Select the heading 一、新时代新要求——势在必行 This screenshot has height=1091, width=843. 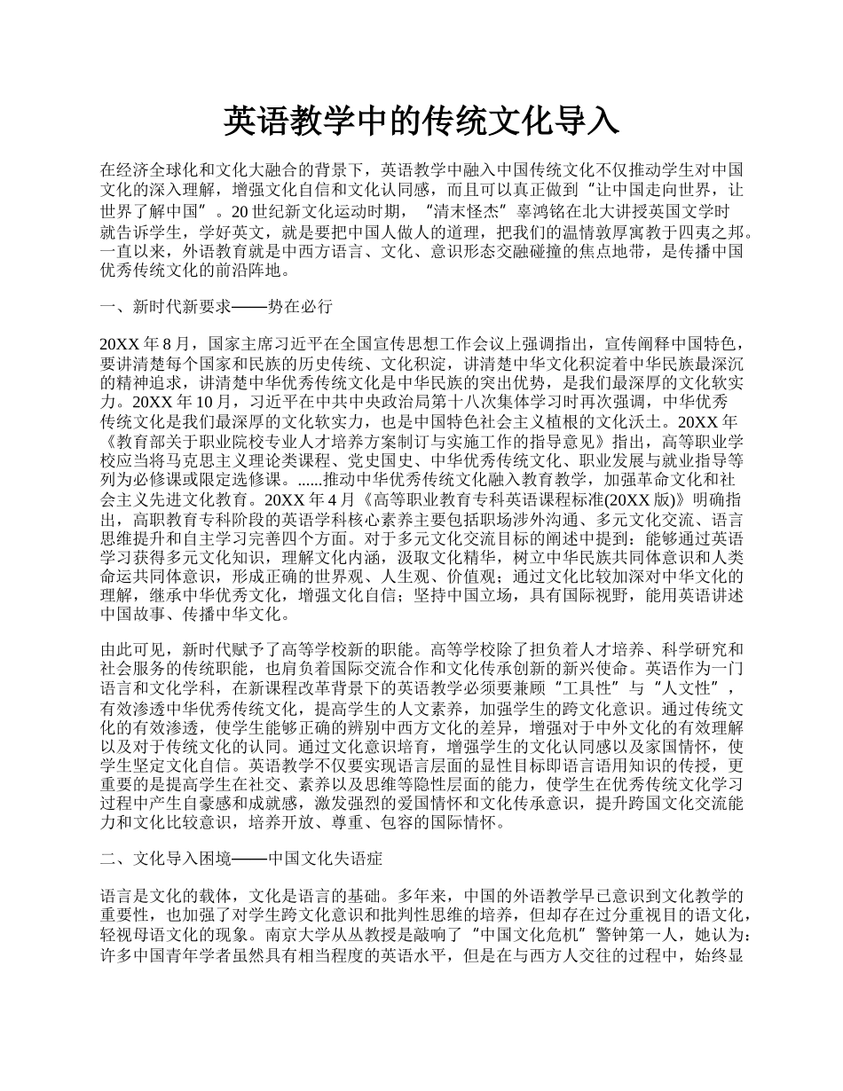point(217,307)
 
